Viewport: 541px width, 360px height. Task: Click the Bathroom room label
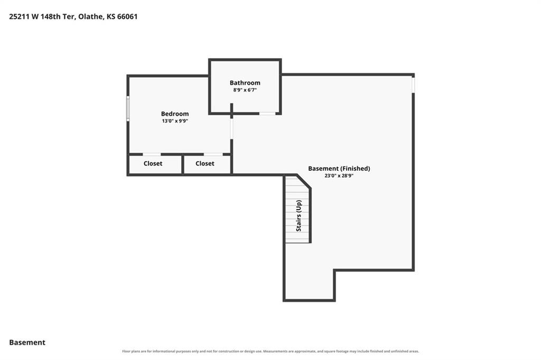(x=245, y=83)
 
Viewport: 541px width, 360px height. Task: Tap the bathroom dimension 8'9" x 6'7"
(x=245, y=90)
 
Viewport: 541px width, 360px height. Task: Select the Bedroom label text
(x=175, y=114)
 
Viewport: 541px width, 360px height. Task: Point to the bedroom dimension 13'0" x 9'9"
(x=175, y=121)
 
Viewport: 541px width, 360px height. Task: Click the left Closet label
(x=153, y=163)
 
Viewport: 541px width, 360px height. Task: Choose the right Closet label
(x=205, y=163)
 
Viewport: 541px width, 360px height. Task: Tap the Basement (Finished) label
(x=339, y=169)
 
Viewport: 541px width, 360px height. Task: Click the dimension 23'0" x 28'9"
(x=339, y=176)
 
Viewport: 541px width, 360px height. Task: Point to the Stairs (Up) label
(x=299, y=216)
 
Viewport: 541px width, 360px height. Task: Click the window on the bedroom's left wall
(x=128, y=108)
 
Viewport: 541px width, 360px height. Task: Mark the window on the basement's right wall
(x=413, y=85)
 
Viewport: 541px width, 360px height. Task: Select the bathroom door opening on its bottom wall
(x=267, y=113)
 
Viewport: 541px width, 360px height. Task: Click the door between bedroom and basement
(x=231, y=129)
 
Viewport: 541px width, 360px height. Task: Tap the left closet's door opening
(x=152, y=154)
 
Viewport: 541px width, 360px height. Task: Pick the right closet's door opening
(x=213, y=154)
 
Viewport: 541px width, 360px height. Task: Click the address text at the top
(x=73, y=16)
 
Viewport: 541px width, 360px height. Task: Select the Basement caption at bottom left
(x=27, y=343)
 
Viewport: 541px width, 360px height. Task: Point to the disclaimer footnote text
(x=270, y=351)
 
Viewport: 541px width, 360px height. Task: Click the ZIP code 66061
(x=127, y=16)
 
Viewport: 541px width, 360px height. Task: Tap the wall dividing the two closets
(x=182, y=164)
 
